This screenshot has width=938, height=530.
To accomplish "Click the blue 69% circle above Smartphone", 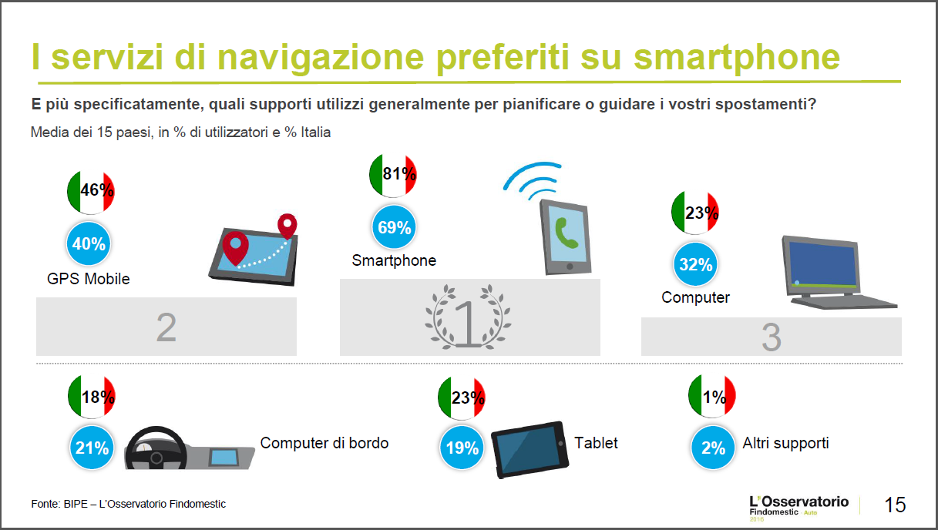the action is pyautogui.click(x=394, y=227).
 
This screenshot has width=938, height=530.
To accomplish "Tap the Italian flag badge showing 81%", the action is pyautogui.click(x=393, y=176).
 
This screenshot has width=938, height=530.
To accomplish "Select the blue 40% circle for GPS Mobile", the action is pyautogui.click(x=89, y=243).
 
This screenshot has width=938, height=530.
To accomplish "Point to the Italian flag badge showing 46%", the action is pyautogui.click(x=91, y=192).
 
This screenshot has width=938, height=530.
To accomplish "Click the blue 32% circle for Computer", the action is pyautogui.click(x=695, y=264).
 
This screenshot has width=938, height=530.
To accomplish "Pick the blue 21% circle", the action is pyautogui.click(x=92, y=448).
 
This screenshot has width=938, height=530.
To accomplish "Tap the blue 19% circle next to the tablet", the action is pyautogui.click(x=462, y=448).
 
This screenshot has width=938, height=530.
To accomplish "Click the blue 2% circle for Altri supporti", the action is pyautogui.click(x=713, y=448).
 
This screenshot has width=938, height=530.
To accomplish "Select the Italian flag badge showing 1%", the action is pyautogui.click(x=712, y=396).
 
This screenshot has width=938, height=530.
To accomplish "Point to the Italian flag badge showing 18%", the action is pyautogui.click(x=92, y=397).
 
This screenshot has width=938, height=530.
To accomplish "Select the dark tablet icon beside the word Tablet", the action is pyautogui.click(x=530, y=450).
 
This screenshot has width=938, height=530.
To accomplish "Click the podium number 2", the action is pyautogui.click(x=166, y=327).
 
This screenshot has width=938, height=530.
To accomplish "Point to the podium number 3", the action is pyautogui.click(x=771, y=337).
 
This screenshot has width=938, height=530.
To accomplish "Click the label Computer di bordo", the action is pyautogui.click(x=324, y=443).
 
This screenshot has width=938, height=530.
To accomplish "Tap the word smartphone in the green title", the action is pyautogui.click(x=737, y=58).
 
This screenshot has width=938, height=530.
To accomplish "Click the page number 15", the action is pyautogui.click(x=895, y=505).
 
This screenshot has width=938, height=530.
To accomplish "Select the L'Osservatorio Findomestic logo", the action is pyautogui.click(x=799, y=508).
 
